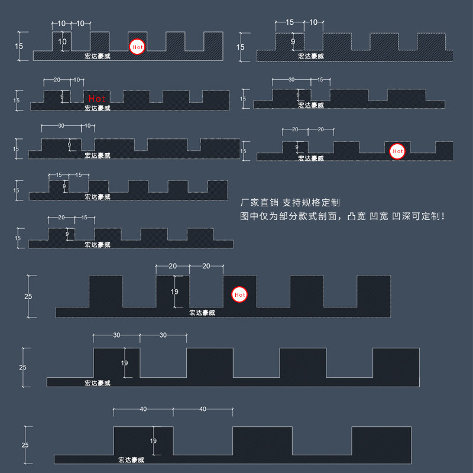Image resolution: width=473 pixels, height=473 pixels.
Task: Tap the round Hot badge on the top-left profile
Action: click(x=137, y=46)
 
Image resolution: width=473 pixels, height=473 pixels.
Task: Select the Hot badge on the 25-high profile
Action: click(x=239, y=294)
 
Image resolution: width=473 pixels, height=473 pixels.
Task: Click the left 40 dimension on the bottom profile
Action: click(x=143, y=409)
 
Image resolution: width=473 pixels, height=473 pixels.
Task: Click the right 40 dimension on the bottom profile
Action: click(x=203, y=409)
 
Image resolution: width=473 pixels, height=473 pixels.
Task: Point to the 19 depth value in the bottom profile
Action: click(x=153, y=440)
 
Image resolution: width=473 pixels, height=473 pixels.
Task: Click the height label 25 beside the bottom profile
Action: click(x=25, y=445)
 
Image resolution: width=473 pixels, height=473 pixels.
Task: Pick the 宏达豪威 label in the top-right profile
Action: click(x=311, y=56)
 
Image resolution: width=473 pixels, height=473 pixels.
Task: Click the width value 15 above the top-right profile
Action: click(x=289, y=22)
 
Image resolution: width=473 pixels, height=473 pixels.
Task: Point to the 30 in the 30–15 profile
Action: click(x=291, y=79)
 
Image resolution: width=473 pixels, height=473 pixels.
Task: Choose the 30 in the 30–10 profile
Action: click(x=61, y=126)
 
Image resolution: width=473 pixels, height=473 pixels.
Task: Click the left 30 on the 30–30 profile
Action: click(x=116, y=335)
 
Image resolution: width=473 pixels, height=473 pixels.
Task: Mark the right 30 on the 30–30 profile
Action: click(x=163, y=335)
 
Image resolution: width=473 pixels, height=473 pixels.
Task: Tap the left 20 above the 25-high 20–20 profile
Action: click(x=173, y=266)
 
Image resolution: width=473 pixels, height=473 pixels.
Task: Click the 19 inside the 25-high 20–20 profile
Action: click(x=174, y=291)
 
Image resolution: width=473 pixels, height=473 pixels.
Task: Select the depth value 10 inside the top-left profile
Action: click(x=63, y=42)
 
